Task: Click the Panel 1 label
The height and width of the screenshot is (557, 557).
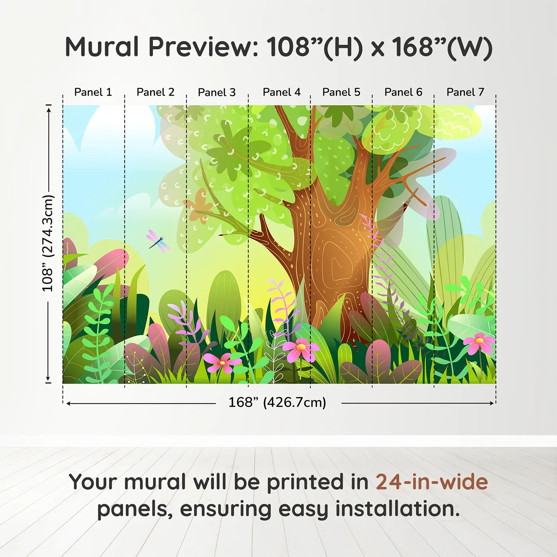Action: point(93,92)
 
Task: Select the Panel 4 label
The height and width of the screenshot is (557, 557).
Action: point(281,92)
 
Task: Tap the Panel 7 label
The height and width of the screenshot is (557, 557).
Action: point(465,92)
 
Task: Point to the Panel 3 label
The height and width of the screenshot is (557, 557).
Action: point(217,92)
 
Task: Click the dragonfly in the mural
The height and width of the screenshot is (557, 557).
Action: point(158,241)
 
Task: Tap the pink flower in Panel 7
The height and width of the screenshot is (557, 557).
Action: point(479,343)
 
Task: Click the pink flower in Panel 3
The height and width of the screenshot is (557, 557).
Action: point(222,362)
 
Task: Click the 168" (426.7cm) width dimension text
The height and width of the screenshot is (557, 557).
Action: point(277,403)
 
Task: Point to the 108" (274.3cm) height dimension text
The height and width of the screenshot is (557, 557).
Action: point(48,243)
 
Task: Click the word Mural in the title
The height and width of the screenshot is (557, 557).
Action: point(102,47)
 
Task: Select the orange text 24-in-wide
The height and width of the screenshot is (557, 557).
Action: point(432,482)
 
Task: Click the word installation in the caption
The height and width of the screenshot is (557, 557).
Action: point(397,509)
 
